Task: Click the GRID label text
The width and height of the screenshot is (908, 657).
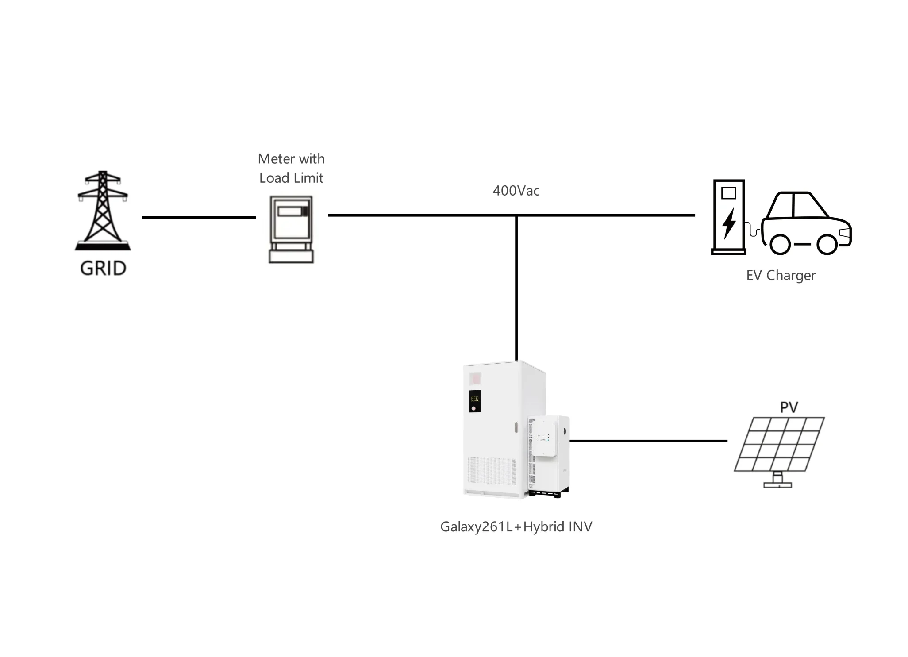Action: pos(103,268)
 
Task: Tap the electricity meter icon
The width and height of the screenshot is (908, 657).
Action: pos(291,229)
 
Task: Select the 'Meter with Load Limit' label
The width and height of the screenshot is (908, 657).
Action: pos(291,168)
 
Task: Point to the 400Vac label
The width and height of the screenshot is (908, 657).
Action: pos(516,191)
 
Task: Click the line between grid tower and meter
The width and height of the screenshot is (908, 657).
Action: pos(199,217)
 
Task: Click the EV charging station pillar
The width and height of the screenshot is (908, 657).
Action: pos(728,217)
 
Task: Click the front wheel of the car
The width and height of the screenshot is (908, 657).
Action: pos(827,244)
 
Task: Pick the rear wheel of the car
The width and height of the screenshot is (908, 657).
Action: pos(780,244)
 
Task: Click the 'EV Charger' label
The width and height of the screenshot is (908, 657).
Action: pos(781,275)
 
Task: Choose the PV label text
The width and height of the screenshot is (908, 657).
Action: pos(789,407)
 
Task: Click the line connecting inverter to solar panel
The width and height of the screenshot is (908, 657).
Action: pos(648,441)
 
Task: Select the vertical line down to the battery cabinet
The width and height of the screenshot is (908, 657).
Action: pos(516,288)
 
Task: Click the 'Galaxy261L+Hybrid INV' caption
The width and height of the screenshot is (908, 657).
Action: pos(516,526)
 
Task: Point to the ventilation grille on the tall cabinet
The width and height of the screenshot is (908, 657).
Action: pos(491,473)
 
